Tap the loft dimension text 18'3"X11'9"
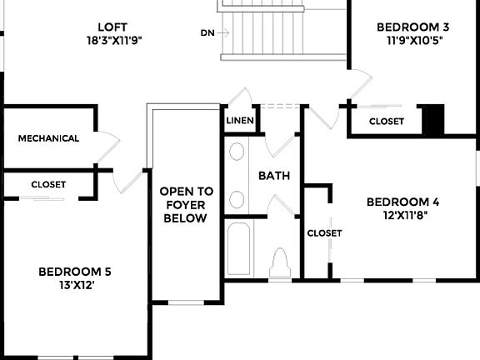click(115, 39)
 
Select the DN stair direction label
click(207, 33)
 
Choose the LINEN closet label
click(240, 121)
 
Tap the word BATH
click(273, 176)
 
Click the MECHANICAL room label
click(48, 138)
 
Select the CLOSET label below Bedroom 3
click(386, 122)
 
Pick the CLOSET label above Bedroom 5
click(48, 184)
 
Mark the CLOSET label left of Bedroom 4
click(324, 233)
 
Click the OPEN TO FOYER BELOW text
click(187, 204)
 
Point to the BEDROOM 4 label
click(403, 202)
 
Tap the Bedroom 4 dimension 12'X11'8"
click(403, 214)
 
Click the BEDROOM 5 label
click(75, 272)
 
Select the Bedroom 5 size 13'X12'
click(75, 285)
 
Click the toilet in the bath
click(281, 262)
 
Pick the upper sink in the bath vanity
click(237, 152)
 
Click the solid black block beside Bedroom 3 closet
click(433, 119)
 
